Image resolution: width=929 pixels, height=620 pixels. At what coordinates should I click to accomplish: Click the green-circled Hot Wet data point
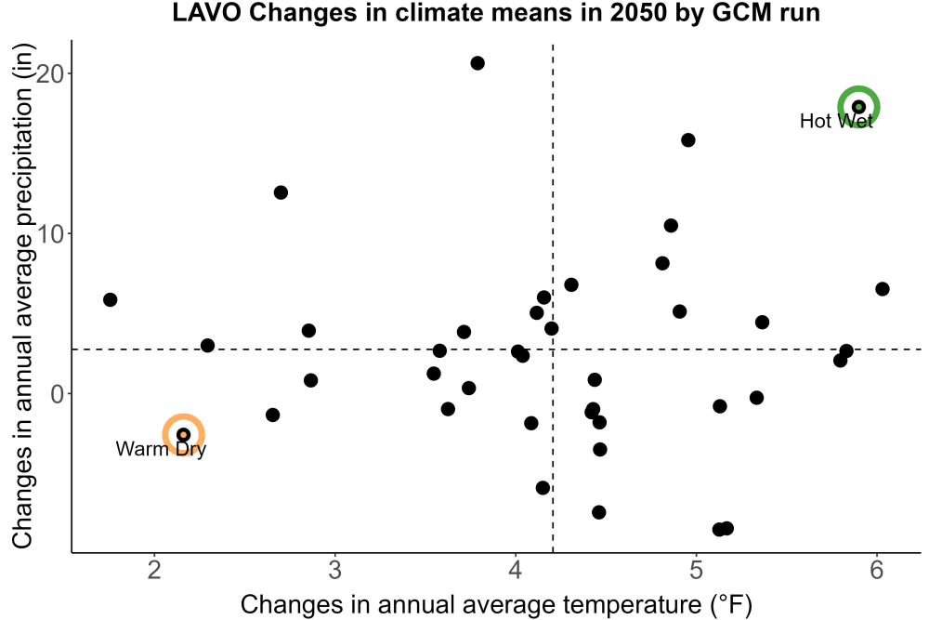click(x=858, y=107)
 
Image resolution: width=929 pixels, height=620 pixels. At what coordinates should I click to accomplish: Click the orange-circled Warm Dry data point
click(x=184, y=434)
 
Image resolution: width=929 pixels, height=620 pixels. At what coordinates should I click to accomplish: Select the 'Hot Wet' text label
click(x=836, y=121)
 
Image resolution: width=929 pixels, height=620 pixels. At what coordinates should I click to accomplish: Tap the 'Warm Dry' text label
click(x=161, y=449)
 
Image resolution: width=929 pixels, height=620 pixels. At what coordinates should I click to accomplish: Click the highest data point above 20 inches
click(x=478, y=63)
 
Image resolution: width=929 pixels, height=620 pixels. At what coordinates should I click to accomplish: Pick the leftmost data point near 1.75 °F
click(x=111, y=299)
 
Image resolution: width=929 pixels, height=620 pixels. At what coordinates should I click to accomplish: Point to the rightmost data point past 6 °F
click(x=883, y=289)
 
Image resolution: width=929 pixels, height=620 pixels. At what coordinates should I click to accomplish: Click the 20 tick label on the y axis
click(x=50, y=73)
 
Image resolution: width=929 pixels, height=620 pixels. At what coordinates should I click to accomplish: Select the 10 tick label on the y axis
click(x=50, y=233)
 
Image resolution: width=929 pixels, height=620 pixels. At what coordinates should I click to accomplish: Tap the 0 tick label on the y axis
click(x=58, y=394)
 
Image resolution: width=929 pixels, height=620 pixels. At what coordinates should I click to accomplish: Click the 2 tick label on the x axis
click(x=154, y=570)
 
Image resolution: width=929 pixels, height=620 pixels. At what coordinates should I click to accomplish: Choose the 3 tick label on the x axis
click(x=335, y=570)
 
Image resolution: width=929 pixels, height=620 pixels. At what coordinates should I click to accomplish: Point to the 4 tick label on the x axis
click(x=516, y=570)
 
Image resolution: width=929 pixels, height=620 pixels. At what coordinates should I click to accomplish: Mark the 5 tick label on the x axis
click(x=696, y=570)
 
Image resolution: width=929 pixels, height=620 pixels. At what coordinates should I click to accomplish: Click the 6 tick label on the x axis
click(x=877, y=570)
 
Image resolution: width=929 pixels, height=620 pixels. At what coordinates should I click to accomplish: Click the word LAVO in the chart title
click(x=206, y=12)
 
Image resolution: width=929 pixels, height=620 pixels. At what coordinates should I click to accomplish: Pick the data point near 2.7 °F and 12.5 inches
click(x=281, y=192)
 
